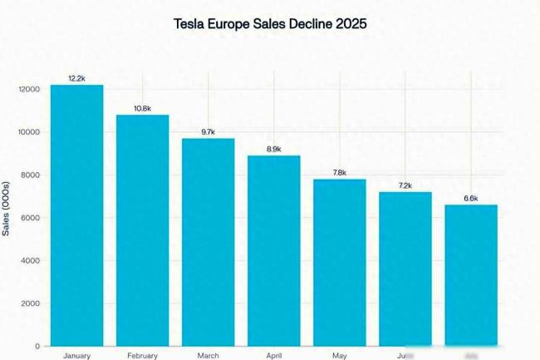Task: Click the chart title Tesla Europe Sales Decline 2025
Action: pyautogui.click(x=270, y=24)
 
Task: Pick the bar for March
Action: pyautogui.click(x=208, y=241)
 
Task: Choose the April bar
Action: pyautogui.click(x=274, y=249)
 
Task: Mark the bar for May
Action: pyautogui.click(x=340, y=262)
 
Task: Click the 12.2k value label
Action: pyautogui.click(x=76, y=78)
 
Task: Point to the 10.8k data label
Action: pyautogui.click(x=142, y=108)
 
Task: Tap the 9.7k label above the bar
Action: pyautogui.click(x=208, y=132)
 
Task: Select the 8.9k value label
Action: pyautogui.click(x=274, y=149)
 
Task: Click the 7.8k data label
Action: pyautogui.click(x=340, y=173)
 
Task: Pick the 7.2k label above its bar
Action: pyautogui.click(x=405, y=185)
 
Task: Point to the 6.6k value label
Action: pyautogui.click(x=471, y=198)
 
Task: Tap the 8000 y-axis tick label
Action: pyautogui.click(x=30, y=175)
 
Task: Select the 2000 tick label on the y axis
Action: pyautogui.click(x=30, y=303)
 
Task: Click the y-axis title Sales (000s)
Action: pyautogui.click(x=7, y=207)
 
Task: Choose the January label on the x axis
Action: pyautogui.click(x=76, y=355)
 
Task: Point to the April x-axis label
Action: pyautogui.click(x=274, y=355)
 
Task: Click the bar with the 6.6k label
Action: pyautogui.click(x=471, y=274)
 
